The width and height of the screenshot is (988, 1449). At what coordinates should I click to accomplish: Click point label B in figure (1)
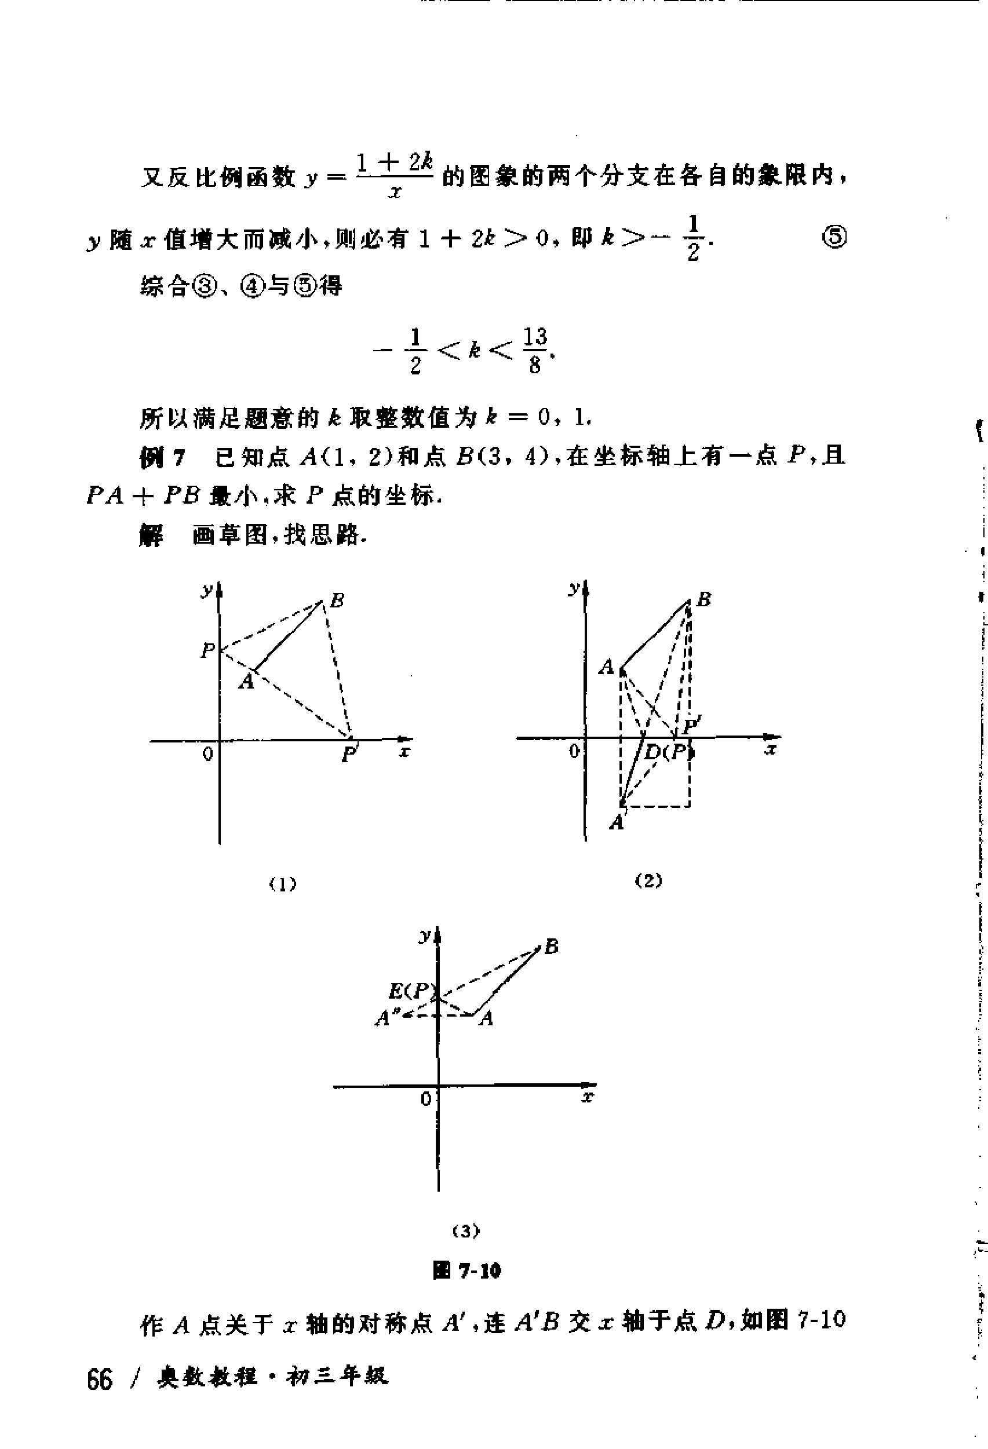click(337, 600)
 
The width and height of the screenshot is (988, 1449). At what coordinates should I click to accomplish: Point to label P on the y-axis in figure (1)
click(207, 651)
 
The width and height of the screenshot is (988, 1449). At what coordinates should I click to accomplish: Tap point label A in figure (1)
click(247, 682)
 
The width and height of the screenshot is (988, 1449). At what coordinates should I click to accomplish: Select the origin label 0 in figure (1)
click(208, 754)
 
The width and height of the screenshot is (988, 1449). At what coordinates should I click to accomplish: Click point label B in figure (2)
click(703, 599)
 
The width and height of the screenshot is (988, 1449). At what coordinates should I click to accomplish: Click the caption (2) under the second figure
click(648, 881)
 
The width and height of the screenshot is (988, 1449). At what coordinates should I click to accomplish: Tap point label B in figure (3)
click(551, 947)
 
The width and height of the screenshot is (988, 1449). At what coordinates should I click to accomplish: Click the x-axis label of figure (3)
click(586, 1096)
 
